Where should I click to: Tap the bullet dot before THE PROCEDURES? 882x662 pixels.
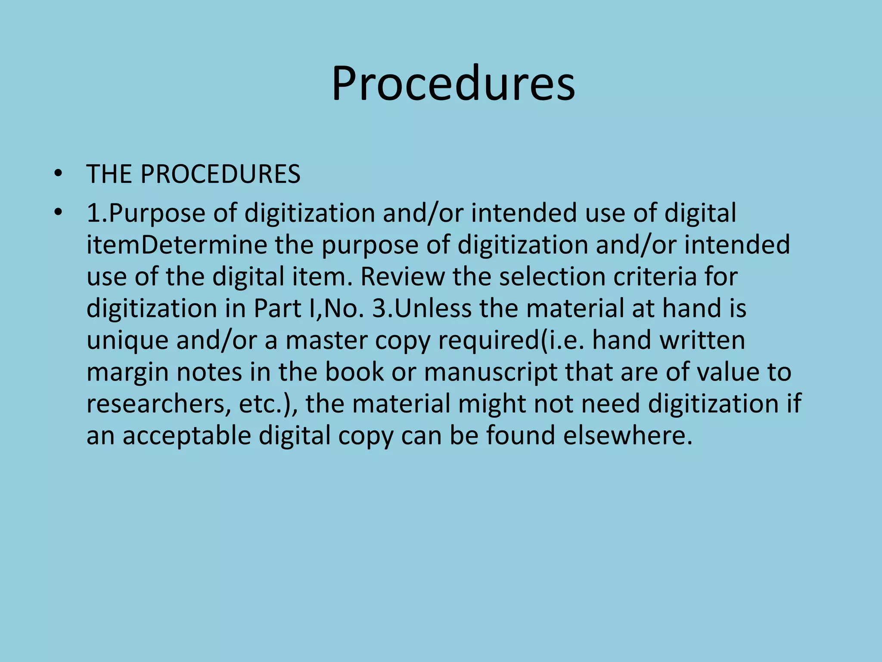(58, 174)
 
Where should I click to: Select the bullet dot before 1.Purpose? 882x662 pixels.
(58, 213)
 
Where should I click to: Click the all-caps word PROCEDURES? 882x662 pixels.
(220, 174)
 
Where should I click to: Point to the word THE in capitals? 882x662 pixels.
(109, 174)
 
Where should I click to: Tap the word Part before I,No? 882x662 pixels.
(277, 309)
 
